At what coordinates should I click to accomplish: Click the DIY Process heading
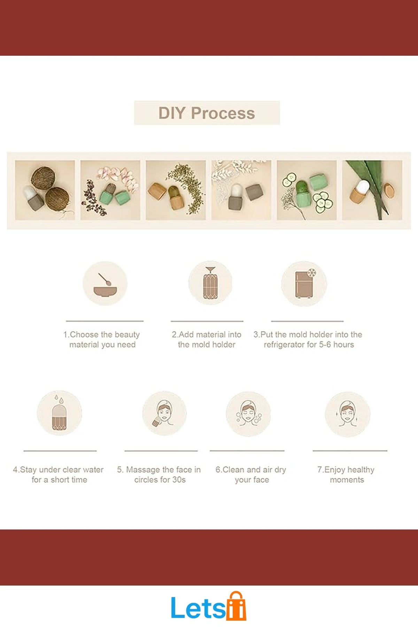pyautogui.click(x=207, y=113)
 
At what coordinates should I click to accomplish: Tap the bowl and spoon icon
pyautogui.click(x=105, y=283)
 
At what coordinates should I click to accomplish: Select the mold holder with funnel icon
pyautogui.click(x=210, y=283)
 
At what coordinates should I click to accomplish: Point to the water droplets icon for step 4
pyautogui.click(x=60, y=413)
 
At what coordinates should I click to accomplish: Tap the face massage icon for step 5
pyautogui.click(x=164, y=413)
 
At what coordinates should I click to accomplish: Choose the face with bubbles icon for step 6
pyautogui.click(x=248, y=413)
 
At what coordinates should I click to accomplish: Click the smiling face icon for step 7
pyautogui.click(x=347, y=414)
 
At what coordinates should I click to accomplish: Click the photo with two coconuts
pyautogui.click(x=45, y=190)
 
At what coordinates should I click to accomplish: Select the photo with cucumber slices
pyautogui.click(x=307, y=190)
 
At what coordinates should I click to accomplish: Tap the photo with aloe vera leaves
pyautogui.click(x=372, y=190)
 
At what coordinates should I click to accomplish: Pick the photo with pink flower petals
pyautogui.click(x=110, y=190)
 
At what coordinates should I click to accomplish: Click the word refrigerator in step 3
pyautogui.click(x=284, y=345)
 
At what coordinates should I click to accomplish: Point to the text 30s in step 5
pyautogui.click(x=179, y=480)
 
